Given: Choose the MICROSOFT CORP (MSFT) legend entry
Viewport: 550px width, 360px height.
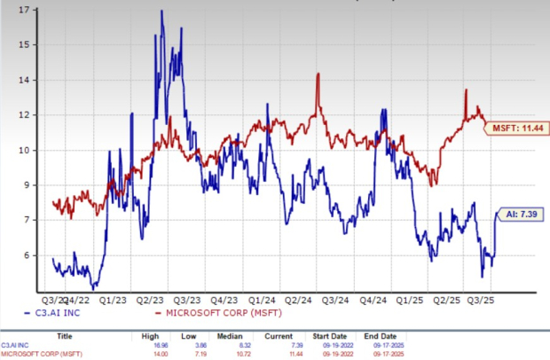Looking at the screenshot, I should point(208,313).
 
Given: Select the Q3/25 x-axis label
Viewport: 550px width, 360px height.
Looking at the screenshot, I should point(484,300).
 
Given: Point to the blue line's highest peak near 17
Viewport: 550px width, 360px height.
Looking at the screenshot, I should point(161,12).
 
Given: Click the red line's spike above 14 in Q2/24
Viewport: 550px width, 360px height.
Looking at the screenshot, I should point(318,74).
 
